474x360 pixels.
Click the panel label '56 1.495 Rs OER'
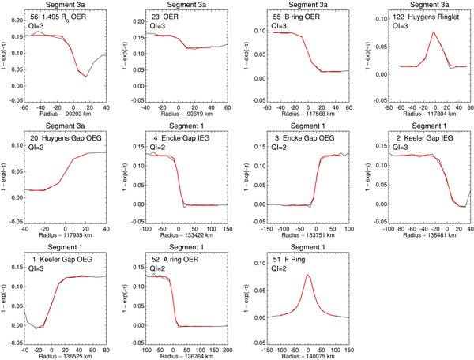click(x=60, y=17)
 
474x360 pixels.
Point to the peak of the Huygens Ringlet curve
click(x=412, y=32)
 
